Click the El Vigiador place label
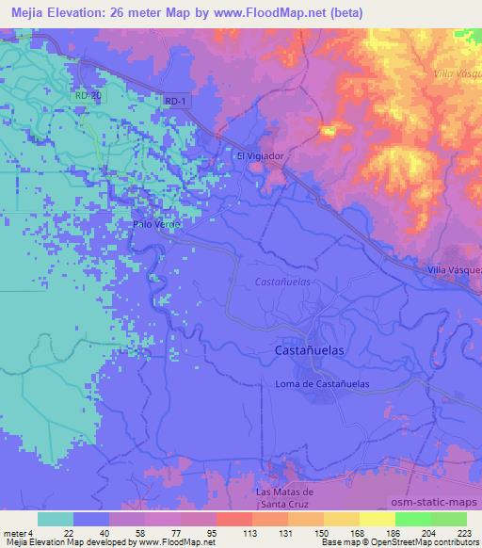point(260,155)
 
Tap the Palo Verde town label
point(154,224)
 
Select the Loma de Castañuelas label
point(321,384)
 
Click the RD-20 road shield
point(86,95)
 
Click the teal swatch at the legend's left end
point(56,519)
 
